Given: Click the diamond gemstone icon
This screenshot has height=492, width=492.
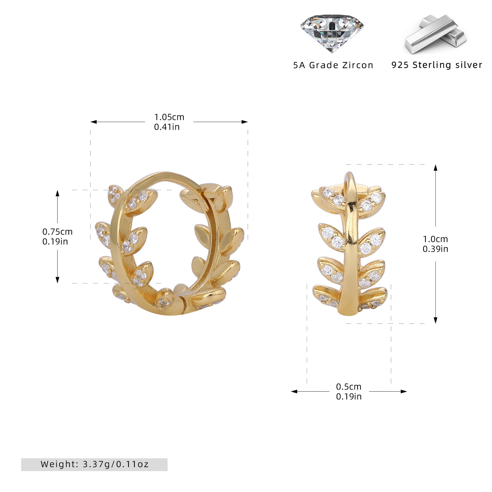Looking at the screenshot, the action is point(332,33).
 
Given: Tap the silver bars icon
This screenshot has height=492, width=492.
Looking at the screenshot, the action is point(436,34).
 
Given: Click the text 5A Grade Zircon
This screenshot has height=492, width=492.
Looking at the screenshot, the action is point(333,65).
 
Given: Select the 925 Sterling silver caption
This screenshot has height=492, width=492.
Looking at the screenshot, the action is point(437,65).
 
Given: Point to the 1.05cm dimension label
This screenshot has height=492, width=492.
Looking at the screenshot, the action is point(169,117).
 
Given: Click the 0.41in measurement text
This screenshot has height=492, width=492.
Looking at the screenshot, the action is point(167,127).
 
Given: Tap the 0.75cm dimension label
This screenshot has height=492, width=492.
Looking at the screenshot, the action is point(57,232).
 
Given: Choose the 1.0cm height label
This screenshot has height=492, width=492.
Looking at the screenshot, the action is point(435,239).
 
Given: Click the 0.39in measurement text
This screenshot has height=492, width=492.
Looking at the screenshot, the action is point(435,249).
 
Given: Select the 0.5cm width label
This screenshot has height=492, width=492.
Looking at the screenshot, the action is point(349,386).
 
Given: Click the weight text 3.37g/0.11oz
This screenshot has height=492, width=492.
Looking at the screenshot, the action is point(116,464).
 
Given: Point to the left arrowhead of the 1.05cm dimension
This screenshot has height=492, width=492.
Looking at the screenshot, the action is point(94,122).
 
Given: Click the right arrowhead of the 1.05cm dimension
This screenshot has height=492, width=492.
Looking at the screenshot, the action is point(245,122).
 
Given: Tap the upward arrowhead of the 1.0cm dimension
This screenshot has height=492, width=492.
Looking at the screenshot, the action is point(435,168).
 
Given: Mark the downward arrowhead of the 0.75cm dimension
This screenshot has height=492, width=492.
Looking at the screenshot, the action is point(57,280).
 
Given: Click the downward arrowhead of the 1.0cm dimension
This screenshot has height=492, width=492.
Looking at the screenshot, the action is point(435,320).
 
